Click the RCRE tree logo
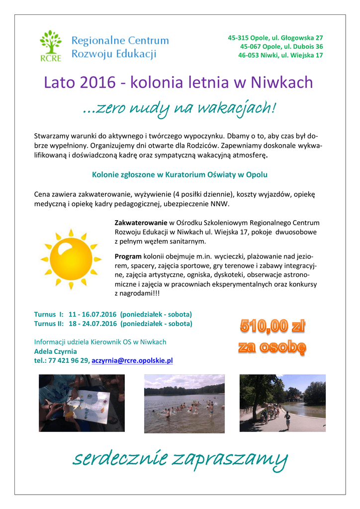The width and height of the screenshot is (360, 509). pyautogui.click(x=51, y=45)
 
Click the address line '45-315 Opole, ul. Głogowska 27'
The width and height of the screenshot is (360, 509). pyautogui.click(x=275, y=38)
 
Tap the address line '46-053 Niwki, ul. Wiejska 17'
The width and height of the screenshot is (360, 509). pyautogui.click(x=280, y=55)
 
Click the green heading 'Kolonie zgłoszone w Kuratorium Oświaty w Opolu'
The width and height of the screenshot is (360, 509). pyautogui.click(x=180, y=175)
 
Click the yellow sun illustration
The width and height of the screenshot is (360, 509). pyautogui.click(x=71, y=257)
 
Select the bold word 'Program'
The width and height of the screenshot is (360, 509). pyautogui.click(x=128, y=256)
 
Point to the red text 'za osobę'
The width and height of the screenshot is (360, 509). pyautogui.click(x=272, y=347)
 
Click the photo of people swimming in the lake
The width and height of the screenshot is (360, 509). pyautogui.click(x=184, y=403)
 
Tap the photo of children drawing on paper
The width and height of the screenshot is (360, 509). pyautogui.click(x=82, y=403)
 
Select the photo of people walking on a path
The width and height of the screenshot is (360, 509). pyautogui.click(x=282, y=403)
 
